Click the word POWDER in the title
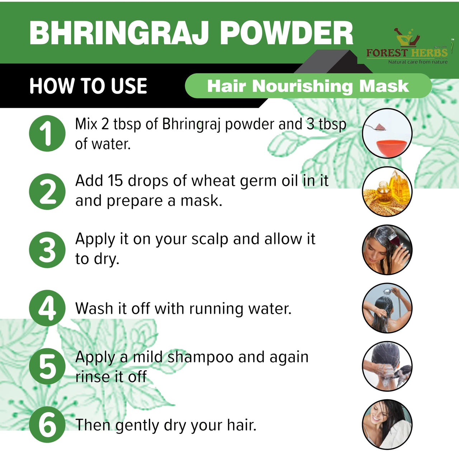tap(287, 33)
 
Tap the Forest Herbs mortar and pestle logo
tap(408, 37)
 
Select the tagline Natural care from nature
tap(418, 62)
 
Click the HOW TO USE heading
tap(88, 86)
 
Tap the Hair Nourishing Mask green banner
tap(308, 86)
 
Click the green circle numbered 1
tap(47, 133)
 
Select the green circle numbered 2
tap(47, 191)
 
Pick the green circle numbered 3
tap(47, 250)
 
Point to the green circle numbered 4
tap(47, 308)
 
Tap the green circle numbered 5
tap(47, 366)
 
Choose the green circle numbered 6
tap(47, 424)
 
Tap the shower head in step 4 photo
tap(388, 291)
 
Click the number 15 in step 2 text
tap(115, 180)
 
